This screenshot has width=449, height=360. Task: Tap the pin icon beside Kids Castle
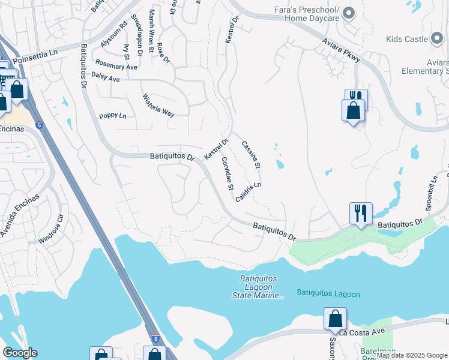(437, 39)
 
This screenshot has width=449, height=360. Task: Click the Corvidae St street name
(227, 174)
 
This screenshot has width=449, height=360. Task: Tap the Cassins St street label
(251, 154)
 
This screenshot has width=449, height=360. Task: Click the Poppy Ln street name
(113, 116)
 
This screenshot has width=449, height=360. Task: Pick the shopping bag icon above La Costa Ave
(335, 318)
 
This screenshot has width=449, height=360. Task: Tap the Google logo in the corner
(20, 353)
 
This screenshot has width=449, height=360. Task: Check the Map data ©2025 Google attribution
(412, 355)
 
